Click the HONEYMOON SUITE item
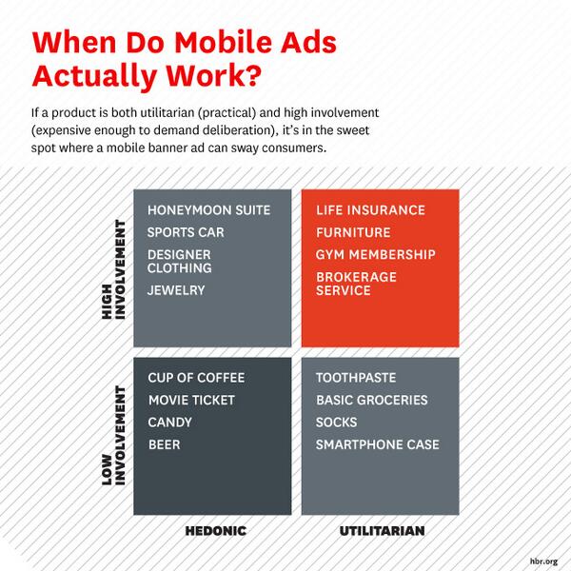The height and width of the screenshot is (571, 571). point(209,209)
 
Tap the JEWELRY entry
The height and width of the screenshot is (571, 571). point(176,290)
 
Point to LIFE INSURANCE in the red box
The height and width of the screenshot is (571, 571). point(370,209)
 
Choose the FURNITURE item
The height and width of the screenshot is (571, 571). point(353,232)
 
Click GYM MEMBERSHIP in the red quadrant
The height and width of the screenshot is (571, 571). point(376,255)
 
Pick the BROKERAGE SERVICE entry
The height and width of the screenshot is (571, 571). point(357,284)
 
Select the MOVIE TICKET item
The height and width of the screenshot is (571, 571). point(191,401)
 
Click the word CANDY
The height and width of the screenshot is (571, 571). point(170,423)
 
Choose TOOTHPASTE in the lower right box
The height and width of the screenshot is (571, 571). point(356,378)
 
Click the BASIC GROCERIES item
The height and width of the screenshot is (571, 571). point(372,401)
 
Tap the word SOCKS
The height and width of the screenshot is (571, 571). point(336,423)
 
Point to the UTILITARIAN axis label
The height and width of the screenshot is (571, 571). point(382,529)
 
